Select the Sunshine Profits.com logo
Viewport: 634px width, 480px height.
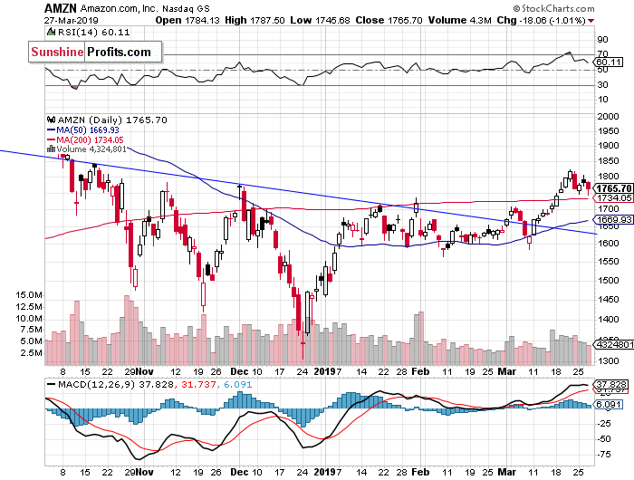(91, 53)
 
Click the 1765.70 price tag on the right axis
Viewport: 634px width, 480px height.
(611, 187)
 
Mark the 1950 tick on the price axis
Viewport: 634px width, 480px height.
(605, 130)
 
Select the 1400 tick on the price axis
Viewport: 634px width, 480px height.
(605, 337)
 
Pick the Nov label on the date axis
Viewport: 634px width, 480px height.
(145, 371)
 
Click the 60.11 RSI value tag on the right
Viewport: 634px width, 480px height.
(611, 62)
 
